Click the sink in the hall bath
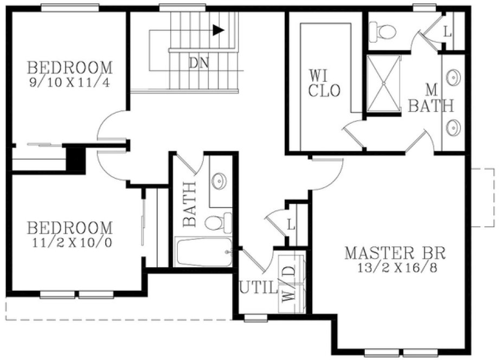(220, 180)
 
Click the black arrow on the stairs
(219, 30)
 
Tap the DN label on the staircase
(199, 62)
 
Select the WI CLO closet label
(324, 82)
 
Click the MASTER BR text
(395, 253)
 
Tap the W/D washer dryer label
(287, 286)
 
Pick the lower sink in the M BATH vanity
(453, 128)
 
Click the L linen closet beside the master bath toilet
(447, 32)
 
